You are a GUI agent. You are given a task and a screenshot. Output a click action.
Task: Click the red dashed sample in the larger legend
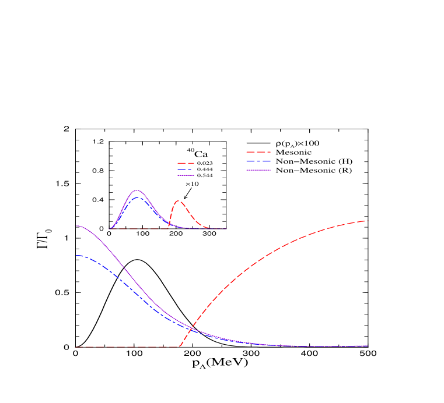tap(258, 152)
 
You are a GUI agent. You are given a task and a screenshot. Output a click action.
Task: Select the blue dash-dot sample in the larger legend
tap(258, 161)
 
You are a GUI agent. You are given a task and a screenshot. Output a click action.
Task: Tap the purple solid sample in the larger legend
tap(258, 170)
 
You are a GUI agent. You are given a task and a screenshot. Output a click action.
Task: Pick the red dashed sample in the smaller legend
tap(186, 164)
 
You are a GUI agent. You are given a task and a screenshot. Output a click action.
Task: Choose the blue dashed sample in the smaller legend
tap(186, 169)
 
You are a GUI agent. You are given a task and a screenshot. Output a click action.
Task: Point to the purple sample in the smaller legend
tap(186, 175)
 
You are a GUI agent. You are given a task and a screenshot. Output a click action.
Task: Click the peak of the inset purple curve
tap(138, 190)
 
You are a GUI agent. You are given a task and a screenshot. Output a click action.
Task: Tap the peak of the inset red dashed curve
tap(179, 201)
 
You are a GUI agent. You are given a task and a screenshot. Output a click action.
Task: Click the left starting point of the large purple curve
tap(76, 226)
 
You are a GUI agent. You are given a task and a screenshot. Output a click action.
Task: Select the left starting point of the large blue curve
tap(76, 256)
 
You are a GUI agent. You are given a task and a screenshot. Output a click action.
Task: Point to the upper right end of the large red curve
tap(366, 221)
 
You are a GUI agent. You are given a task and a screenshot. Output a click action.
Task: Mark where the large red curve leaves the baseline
tap(179, 347)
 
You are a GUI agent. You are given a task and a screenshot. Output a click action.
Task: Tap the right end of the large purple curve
tap(367, 346)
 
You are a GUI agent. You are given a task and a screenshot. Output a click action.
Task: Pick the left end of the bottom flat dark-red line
tap(76, 347)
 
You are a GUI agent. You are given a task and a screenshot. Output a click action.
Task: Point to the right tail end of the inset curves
tap(226, 229)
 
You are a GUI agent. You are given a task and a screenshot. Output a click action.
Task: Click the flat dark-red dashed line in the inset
tap(140, 229)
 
